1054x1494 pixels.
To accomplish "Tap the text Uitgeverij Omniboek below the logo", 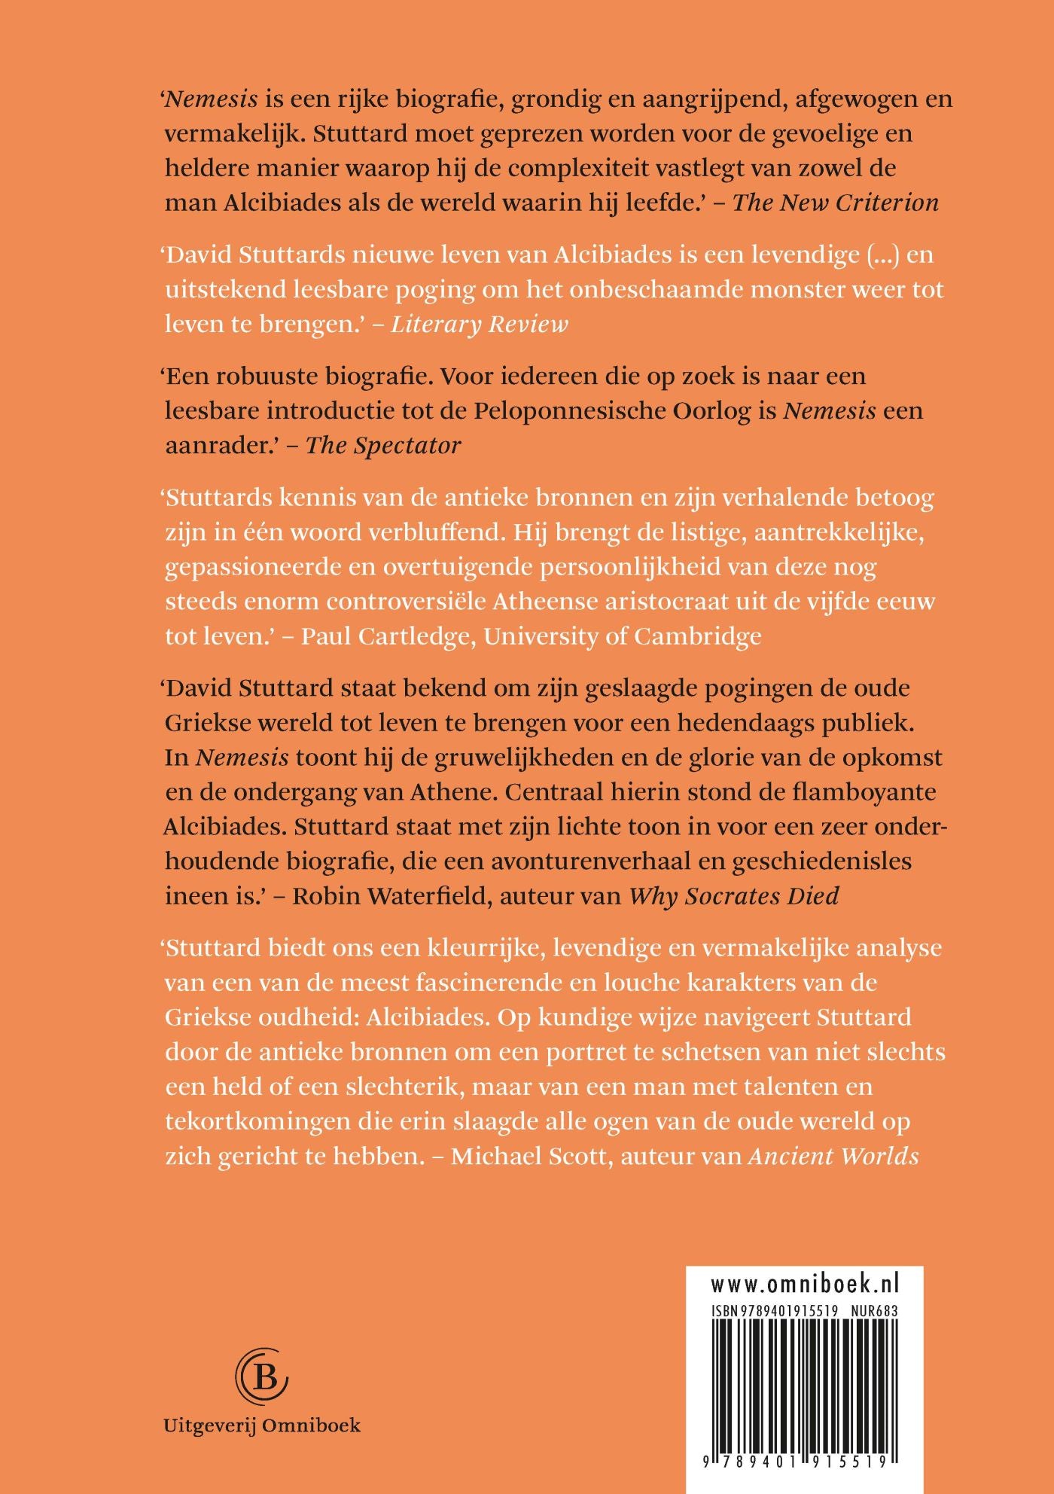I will coord(262,1425).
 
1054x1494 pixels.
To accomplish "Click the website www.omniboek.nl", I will coord(805,1284).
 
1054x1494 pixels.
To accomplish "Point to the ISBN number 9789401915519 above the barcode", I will coord(775,1310).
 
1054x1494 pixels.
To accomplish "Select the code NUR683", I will coord(873,1310).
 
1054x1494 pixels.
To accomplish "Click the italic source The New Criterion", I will coord(836,203).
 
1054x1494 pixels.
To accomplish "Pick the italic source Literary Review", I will coord(479,324).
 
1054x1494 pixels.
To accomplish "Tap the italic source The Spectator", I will coord(383,445).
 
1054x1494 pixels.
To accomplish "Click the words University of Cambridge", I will coord(623,636).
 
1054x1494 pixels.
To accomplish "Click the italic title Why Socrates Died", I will coord(734,896).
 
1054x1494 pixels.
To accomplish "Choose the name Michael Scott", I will coord(529,1156).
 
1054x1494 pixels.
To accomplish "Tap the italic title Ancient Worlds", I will coord(833,1156).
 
